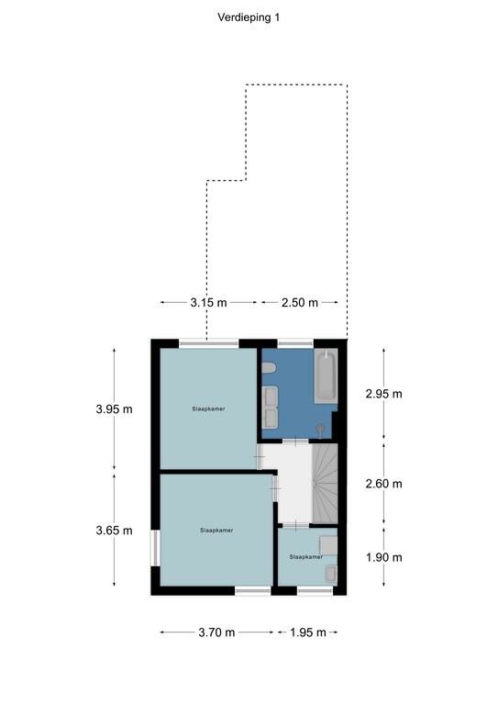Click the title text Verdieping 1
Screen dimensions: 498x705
(x=249, y=17)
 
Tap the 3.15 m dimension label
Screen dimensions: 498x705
(x=208, y=303)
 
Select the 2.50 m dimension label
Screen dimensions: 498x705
(x=300, y=303)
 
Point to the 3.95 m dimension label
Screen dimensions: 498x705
(x=114, y=409)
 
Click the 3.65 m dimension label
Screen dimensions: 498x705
(x=114, y=531)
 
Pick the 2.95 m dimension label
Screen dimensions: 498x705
(x=384, y=394)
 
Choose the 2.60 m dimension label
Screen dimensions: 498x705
(x=384, y=484)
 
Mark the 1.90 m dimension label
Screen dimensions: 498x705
(x=384, y=557)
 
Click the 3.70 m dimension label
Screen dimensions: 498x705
(x=216, y=632)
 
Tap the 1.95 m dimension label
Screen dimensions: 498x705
(x=307, y=632)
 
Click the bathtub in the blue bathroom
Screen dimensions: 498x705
(x=326, y=375)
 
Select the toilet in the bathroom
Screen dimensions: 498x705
(x=269, y=369)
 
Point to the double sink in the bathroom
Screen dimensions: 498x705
(x=270, y=407)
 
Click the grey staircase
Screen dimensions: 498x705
(x=325, y=484)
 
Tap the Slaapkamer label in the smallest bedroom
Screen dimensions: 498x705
(x=305, y=556)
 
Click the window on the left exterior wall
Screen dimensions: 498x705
(x=155, y=548)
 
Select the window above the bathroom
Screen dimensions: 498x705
(x=295, y=343)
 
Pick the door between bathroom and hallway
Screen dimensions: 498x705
(x=295, y=442)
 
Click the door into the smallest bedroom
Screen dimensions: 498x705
(x=295, y=526)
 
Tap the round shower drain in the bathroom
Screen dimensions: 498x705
(x=320, y=429)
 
